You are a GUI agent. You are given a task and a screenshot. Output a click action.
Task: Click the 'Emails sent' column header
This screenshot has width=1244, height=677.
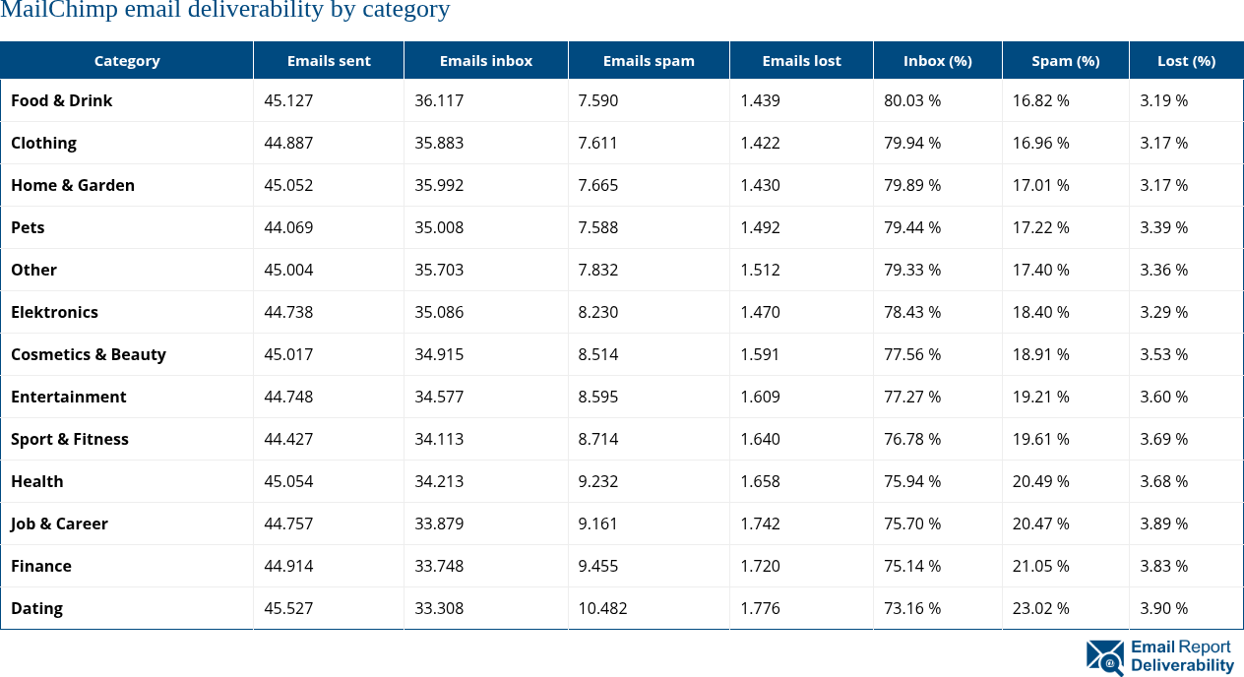[329, 61]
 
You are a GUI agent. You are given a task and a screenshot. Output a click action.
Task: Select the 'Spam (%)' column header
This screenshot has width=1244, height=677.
[1065, 61]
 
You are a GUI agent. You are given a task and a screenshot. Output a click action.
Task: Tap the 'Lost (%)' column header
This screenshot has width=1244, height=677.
[1186, 61]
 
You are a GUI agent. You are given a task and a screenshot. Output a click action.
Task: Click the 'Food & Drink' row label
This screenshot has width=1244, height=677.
[62, 100]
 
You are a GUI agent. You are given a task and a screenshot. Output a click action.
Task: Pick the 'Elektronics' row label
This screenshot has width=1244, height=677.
[55, 312]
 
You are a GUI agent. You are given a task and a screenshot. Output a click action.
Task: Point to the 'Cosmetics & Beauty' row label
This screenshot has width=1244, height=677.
[89, 354]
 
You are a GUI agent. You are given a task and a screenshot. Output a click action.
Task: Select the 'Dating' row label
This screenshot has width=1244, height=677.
[37, 608]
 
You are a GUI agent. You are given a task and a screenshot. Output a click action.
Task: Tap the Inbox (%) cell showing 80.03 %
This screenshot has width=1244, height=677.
[912, 100]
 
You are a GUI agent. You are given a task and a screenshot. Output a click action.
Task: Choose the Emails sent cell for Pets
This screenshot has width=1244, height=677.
[288, 227]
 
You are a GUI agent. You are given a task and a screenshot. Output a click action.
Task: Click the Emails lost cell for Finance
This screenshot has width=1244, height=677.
[761, 566]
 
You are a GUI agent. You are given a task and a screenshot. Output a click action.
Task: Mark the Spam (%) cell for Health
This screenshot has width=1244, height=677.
[1041, 481]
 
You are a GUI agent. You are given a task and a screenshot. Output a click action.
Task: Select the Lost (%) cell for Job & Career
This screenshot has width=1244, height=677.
[1164, 523]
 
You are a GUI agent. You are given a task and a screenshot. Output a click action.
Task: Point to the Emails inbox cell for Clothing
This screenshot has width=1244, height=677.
[439, 143]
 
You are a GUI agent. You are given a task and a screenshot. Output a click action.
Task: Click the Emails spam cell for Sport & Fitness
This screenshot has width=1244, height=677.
[598, 439]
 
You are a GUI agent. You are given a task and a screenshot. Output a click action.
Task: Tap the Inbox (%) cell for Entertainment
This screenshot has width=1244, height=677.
[912, 397]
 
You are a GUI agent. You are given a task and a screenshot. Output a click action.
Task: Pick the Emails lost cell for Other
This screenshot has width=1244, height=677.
[761, 270]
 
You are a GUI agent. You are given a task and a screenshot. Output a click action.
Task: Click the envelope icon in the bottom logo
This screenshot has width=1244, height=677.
[1104, 657]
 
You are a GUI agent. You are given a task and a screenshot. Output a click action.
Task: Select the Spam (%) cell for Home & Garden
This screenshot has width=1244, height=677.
[1041, 185]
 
